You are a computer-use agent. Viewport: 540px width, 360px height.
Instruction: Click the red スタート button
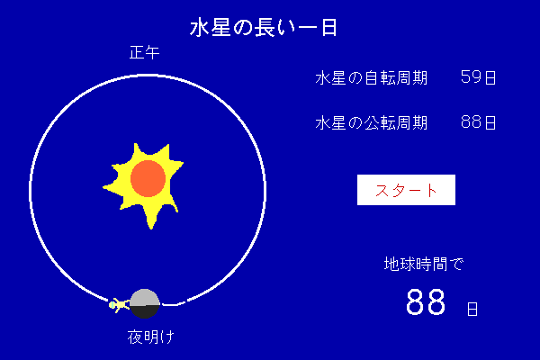point(406,190)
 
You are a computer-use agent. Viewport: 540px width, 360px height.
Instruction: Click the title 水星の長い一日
point(264,28)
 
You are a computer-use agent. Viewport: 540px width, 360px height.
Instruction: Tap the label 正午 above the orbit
point(144,52)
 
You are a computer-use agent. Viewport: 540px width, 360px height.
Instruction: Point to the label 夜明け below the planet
point(151,337)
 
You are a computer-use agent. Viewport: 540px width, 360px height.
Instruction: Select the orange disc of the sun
point(148,178)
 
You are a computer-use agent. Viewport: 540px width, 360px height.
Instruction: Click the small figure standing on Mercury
point(119,305)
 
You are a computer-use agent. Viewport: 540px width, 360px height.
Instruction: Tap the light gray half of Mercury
point(145,297)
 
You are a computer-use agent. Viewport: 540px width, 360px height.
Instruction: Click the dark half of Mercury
point(145,311)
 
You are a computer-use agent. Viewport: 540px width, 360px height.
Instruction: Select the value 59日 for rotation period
point(478,77)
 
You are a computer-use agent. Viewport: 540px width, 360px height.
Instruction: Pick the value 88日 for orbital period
point(478,122)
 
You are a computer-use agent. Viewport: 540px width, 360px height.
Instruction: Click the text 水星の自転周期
point(371,78)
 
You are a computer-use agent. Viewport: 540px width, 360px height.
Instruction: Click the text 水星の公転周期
point(371,122)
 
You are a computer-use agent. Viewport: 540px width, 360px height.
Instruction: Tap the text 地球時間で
point(424,264)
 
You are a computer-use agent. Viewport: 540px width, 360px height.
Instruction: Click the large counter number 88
point(426,301)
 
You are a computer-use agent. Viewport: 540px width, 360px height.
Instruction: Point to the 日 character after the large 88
point(472,309)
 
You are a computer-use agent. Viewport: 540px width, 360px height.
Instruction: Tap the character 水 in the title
point(200,28)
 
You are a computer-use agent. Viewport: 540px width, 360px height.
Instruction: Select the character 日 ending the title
point(329,28)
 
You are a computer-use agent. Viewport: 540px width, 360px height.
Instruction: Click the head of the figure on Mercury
point(112,305)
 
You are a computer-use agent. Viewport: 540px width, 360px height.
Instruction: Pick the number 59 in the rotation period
point(471,76)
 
